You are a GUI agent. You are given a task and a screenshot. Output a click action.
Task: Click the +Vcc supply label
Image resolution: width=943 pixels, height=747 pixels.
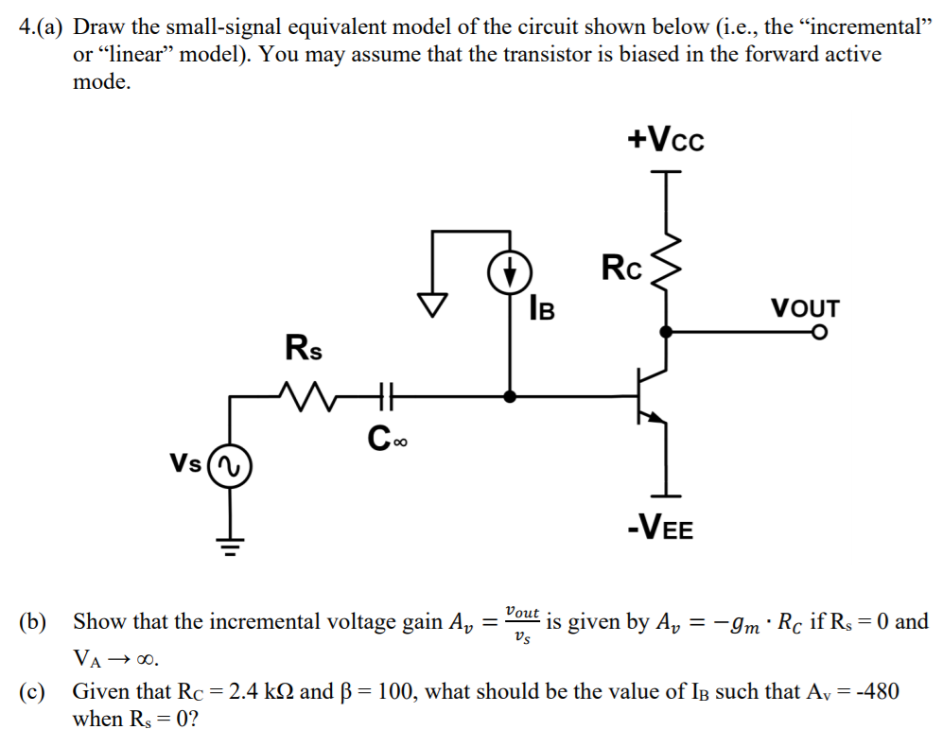(666, 141)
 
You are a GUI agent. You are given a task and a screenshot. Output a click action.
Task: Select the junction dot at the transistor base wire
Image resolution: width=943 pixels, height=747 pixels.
(510, 397)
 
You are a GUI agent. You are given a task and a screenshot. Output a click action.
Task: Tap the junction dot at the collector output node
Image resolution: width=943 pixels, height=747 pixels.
(667, 332)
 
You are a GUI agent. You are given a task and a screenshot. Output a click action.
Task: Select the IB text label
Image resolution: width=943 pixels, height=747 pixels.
(543, 307)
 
